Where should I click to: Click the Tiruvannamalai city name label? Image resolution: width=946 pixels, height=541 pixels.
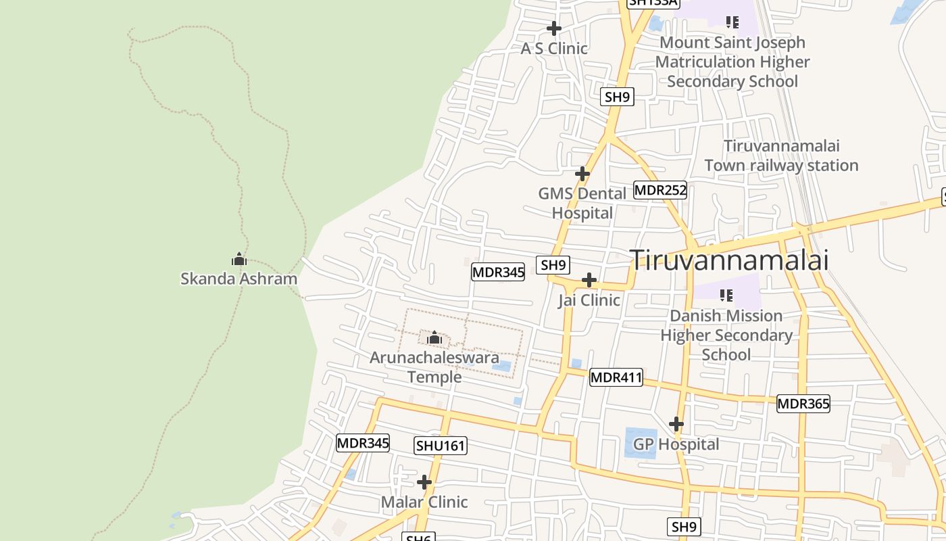(729, 260)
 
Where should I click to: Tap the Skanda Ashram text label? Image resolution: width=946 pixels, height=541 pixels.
(239, 279)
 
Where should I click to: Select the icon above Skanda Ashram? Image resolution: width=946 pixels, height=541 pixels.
(239, 259)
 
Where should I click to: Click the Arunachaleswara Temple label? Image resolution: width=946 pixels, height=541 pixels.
(434, 367)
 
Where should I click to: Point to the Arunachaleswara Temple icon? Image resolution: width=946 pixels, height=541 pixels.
(434, 337)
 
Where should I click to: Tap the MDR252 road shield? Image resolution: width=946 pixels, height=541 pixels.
(660, 190)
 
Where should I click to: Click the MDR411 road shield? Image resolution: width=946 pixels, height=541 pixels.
(616, 377)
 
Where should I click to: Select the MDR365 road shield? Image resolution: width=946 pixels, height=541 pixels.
(803, 404)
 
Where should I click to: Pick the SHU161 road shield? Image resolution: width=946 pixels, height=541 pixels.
(441, 446)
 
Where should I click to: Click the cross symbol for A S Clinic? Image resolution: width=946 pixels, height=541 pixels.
(554, 28)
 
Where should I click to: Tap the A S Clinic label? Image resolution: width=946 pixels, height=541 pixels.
(554, 49)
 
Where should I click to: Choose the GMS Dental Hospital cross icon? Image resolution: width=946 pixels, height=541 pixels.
(582, 174)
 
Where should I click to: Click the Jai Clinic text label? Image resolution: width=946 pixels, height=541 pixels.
(589, 300)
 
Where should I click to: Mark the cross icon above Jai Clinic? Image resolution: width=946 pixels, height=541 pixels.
(589, 280)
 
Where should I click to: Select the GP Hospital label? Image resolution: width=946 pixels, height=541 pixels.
(676, 444)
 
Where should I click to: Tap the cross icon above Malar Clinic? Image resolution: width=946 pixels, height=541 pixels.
(424, 482)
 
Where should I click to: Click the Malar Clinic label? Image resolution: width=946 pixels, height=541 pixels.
(424, 502)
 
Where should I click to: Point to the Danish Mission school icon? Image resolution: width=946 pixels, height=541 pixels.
(726, 295)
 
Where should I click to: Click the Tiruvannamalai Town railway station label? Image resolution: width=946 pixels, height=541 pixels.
(781, 156)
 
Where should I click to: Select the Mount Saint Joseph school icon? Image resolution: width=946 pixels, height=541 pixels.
(732, 22)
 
